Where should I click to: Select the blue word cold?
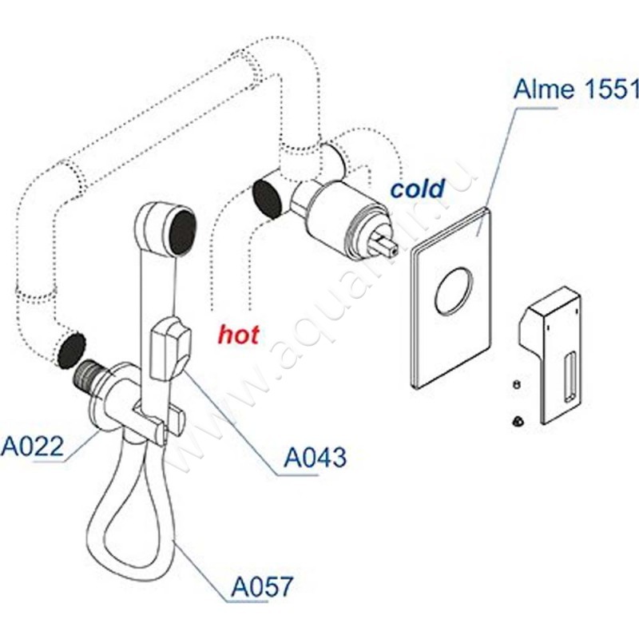(x=416, y=189)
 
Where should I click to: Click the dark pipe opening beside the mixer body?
(x=267, y=198)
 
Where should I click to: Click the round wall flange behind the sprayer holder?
(x=120, y=399)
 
